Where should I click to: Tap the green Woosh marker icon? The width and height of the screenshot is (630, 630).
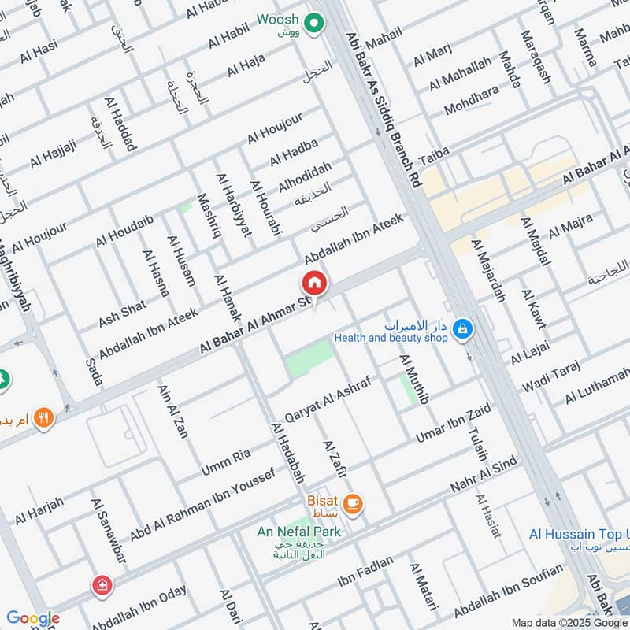pyautogui.click(x=315, y=24)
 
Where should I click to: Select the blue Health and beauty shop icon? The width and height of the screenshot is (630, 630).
pyautogui.click(x=463, y=329)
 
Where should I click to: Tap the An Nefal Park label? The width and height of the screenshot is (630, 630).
pyautogui.click(x=298, y=532)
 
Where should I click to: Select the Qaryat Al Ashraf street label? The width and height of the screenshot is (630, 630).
pyautogui.click(x=327, y=399)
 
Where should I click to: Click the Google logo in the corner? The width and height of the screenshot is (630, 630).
pyautogui.click(x=32, y=618)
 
